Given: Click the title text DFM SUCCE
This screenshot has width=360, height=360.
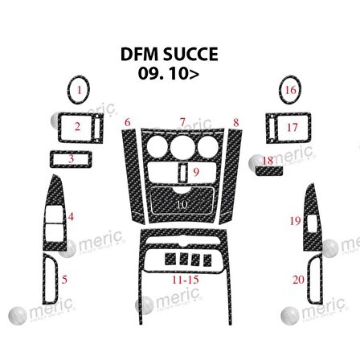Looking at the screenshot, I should (x=169, y=55).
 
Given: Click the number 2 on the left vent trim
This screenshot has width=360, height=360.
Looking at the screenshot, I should (x=77, y=126).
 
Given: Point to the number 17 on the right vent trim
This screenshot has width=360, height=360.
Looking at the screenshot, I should (x=292, y=127).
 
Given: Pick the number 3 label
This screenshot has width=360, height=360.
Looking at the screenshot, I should (x=72, y=158).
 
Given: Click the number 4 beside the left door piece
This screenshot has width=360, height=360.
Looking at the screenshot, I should (x=71, y=216).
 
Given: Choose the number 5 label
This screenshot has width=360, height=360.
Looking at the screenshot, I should (x=65, y=280).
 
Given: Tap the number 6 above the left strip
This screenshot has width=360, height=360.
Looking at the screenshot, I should (x=127, y=121).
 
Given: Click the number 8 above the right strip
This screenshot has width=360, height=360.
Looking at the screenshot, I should (x=235, y=121).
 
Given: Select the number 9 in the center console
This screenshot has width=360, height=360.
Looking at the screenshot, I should (x=196, y=170).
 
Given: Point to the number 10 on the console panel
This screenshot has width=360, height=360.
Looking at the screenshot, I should (x=182, y=204).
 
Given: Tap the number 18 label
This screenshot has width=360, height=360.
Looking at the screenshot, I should (x=268, y=160).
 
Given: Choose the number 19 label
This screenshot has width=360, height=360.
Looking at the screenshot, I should (x=295, y=219).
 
